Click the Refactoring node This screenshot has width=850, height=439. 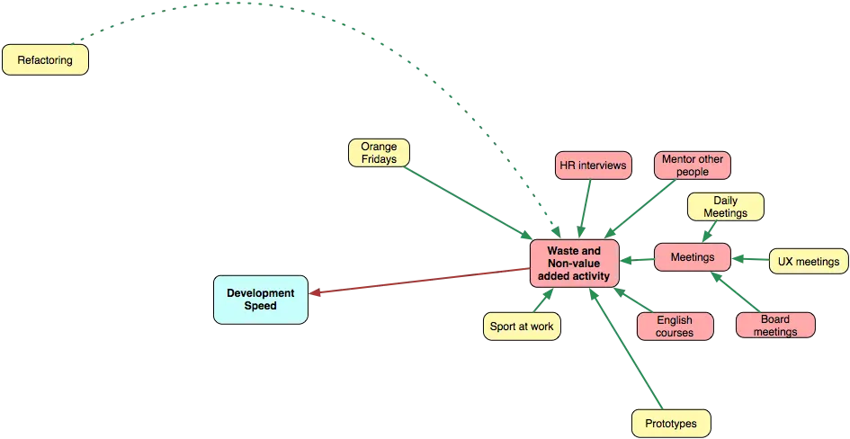pos(45,60)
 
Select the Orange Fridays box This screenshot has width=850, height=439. pos(379,152)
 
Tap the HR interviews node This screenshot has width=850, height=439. pos(592,166)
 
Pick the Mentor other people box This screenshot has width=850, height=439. pos(692,165)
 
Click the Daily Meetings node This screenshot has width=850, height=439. pos(725,207)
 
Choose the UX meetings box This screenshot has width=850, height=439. pos(809,262)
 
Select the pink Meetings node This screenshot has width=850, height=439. pos(692,257)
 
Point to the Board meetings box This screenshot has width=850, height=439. pos(774,325)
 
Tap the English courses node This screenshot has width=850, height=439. pos(675,326)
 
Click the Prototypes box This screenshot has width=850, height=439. pos(670,423)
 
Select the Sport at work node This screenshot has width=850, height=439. pos(522,326)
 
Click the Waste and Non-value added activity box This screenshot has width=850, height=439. pos(573,264)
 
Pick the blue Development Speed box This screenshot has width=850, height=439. pos(260,299)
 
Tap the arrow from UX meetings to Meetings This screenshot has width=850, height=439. pos(751,259)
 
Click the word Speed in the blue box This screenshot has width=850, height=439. pos(260,306)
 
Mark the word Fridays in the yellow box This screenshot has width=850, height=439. pos(379,159)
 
